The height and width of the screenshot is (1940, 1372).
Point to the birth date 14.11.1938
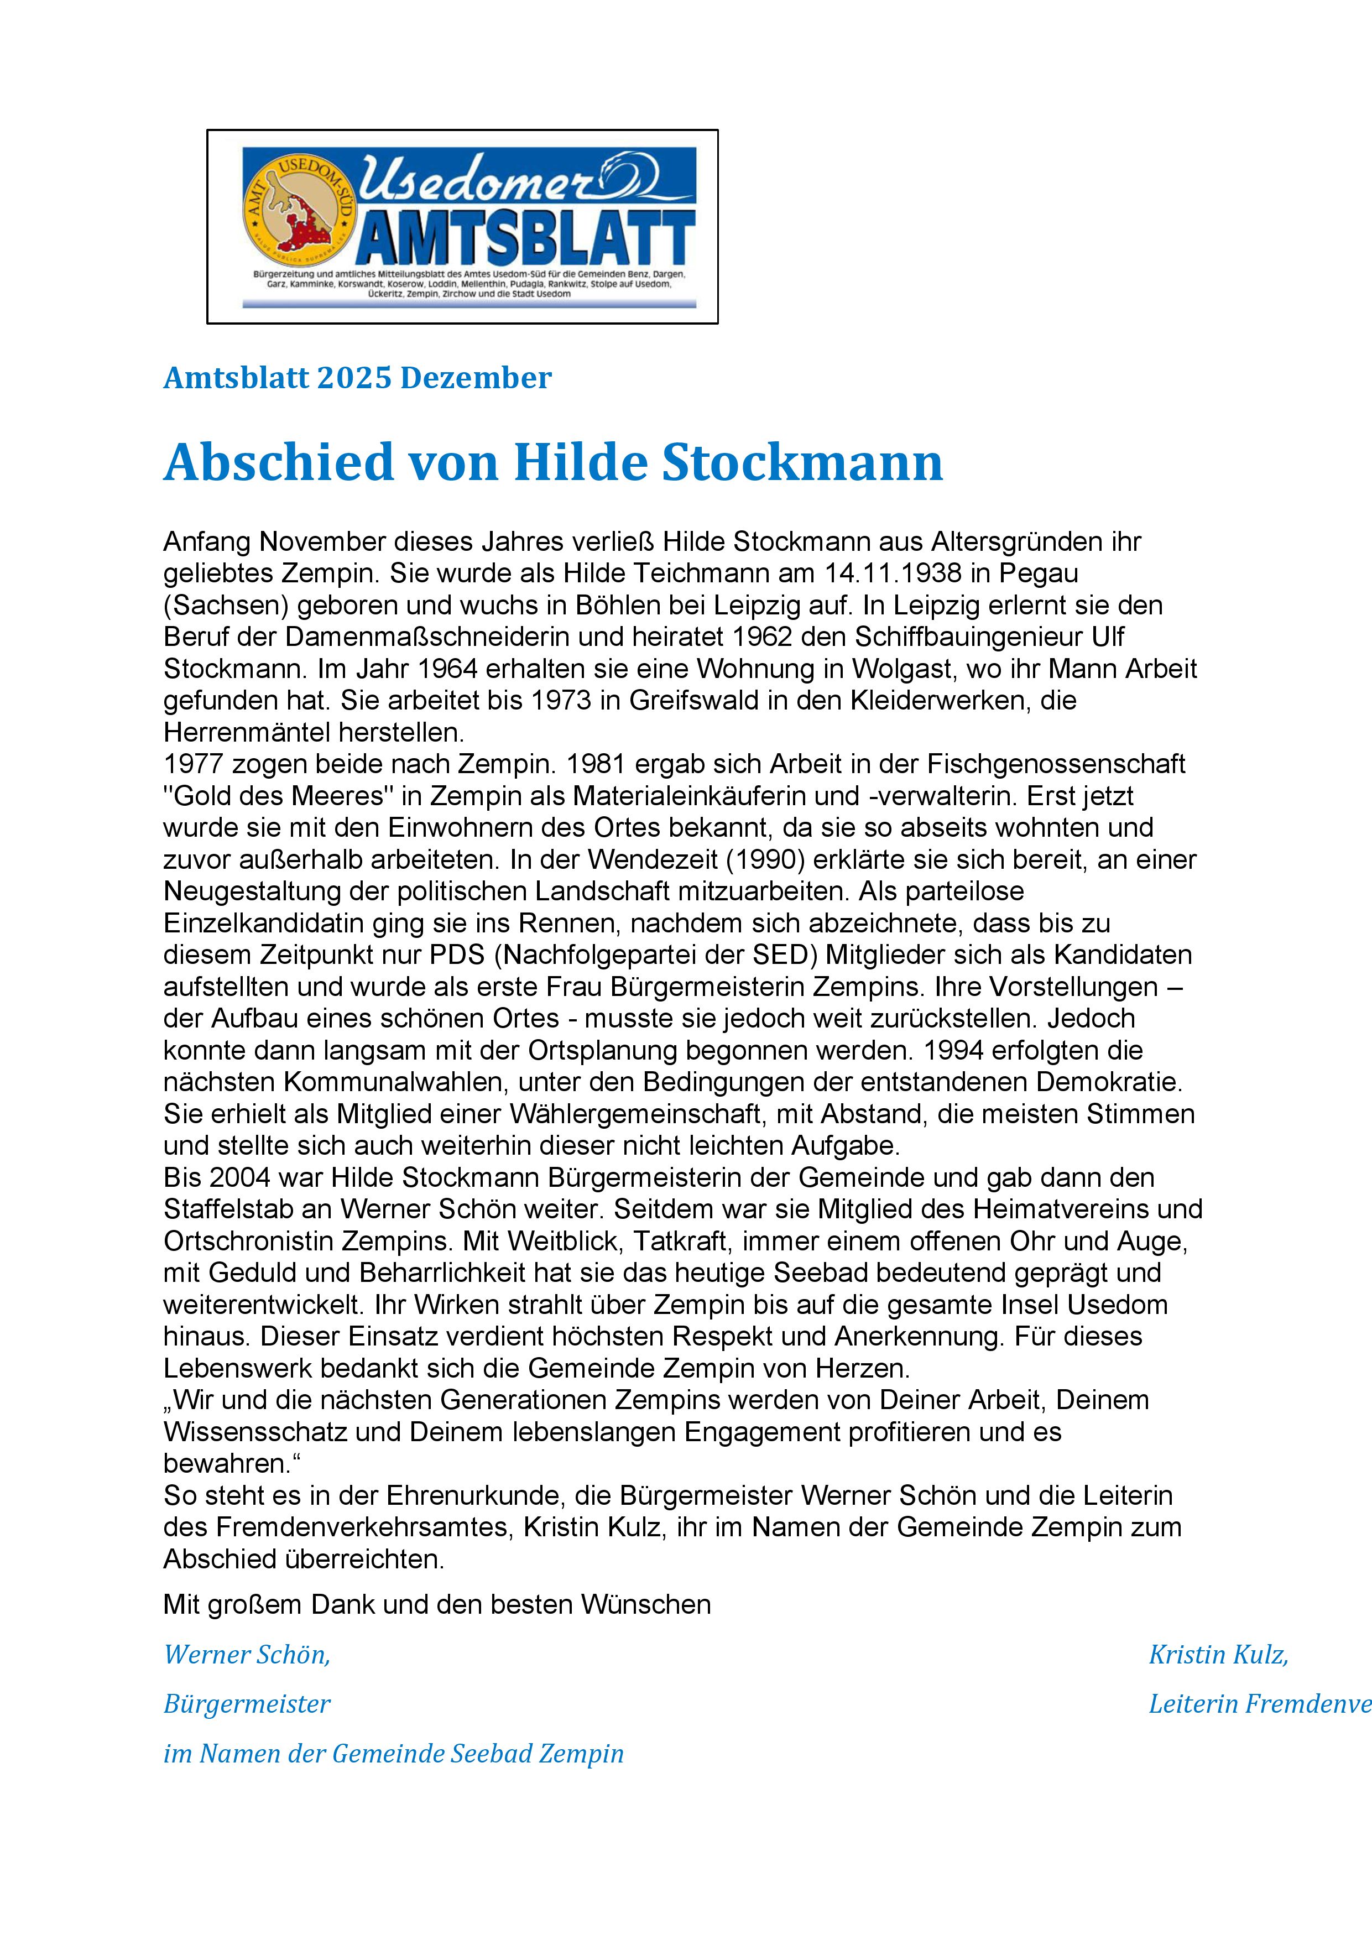[892, 573]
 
